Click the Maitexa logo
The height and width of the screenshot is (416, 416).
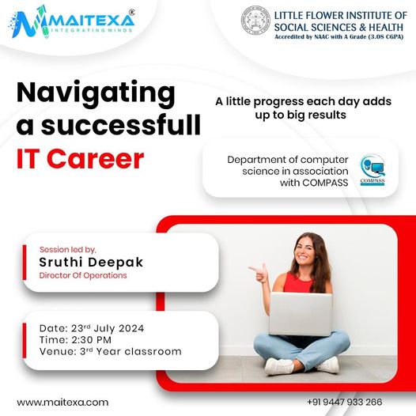(72, 22)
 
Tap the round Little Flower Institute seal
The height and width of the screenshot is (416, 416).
(255, 21)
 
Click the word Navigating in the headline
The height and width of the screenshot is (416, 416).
(96, 93)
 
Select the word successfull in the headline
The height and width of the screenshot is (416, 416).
(121, 125)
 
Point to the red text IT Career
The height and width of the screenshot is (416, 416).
(80, 159)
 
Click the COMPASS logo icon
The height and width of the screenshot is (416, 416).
(373, 170)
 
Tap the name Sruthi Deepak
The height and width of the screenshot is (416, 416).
(91, 262)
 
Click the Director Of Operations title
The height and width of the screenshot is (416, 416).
(83, 275)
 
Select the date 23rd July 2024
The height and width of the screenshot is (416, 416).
(108, 328)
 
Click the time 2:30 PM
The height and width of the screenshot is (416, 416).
(91, 340)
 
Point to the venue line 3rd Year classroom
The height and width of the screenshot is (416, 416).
(130, 351)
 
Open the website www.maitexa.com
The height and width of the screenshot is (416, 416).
(62, 403)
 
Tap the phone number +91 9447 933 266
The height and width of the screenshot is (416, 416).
(345, 402)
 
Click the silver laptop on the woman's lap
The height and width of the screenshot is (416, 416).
(301, 314)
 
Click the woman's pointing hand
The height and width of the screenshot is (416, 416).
(259, 273)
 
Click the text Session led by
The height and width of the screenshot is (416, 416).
(68, 249)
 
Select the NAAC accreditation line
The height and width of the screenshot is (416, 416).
(339, 37)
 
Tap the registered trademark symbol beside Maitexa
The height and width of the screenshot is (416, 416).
(131, 12)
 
